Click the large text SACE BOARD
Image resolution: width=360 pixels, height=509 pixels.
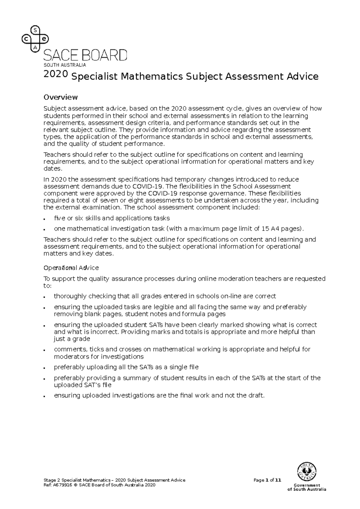coord(85,56)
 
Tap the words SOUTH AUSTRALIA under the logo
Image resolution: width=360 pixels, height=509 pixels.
coord(65,65)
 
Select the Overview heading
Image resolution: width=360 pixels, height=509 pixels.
coord(61,97)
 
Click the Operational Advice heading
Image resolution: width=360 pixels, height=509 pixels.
coord(71,267)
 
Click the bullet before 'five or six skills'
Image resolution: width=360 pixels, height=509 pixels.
coord(44,219)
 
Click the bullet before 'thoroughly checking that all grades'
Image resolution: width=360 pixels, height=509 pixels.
coord(44,297)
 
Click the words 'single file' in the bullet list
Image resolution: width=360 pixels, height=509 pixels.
coord(184,367)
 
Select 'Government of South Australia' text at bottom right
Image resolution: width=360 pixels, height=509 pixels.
coord(307,487)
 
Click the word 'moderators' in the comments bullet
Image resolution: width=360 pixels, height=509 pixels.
coord(70,357)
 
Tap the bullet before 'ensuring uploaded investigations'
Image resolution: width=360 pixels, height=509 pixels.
coord(44,396)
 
